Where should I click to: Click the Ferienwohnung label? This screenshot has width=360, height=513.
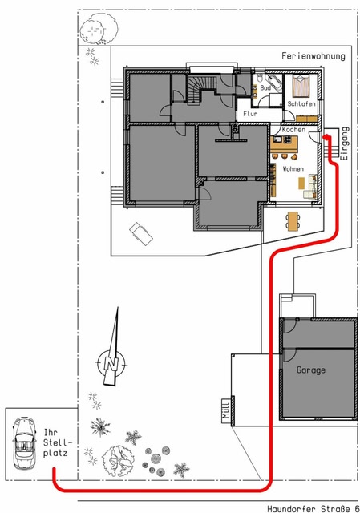[x=313, y=56]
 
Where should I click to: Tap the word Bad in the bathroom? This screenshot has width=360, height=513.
[x=265, y=87]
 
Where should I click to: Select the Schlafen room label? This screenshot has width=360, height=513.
[x=301, y=103]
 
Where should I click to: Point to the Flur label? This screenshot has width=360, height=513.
[x=250, y=114]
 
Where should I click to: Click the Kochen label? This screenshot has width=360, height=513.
[x=293, y=130]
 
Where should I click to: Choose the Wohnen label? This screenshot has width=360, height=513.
[x=293, y=169]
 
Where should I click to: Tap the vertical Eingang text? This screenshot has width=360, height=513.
[x=345, y=143]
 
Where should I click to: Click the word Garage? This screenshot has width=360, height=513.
[x=311, y=370]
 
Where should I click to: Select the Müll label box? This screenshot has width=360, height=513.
[x=226, y=410]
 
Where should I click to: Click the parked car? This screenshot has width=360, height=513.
[x=24, y=442]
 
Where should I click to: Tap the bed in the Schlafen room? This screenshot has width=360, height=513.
[x=301, y=86]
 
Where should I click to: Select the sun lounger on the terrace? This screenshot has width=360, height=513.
[x=141, y=233]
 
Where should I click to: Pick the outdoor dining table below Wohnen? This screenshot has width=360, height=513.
[x=293, y=221]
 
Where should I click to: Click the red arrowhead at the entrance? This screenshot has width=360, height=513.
[x=326, y=137]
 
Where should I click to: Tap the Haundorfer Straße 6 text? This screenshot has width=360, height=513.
[x=313, y=508]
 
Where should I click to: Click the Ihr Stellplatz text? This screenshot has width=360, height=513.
[x=56, y=442]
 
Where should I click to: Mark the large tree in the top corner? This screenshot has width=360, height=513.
[x=99, y=29]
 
